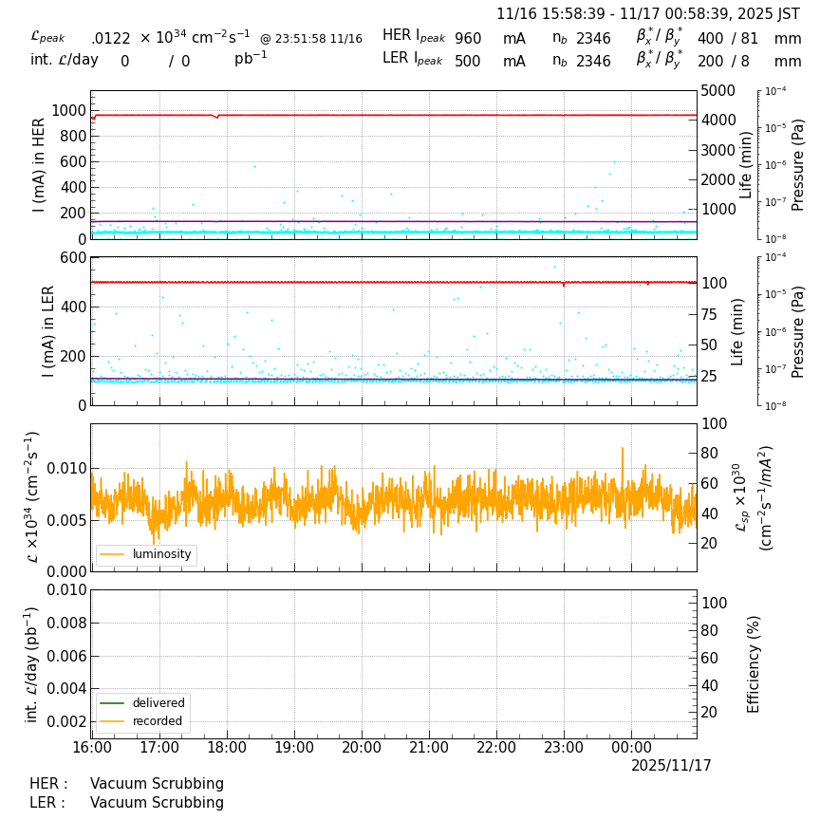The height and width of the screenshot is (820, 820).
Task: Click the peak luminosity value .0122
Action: [111, 39]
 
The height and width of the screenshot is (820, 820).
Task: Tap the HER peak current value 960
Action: [468, 39]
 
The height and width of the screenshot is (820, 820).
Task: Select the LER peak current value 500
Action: [468, 62]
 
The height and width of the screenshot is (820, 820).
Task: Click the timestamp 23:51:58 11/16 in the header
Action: [311, 39]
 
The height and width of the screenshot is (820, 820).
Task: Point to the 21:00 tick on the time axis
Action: [429, 748]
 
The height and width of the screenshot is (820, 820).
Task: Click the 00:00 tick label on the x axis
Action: [631, 748]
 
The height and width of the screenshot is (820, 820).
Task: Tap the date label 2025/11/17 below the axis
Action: [671, 766]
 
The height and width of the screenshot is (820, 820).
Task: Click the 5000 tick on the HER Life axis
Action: [717, 91]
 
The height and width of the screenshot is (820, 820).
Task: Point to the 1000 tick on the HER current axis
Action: [68, 110]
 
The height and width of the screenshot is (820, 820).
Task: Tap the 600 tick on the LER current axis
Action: [74, 257]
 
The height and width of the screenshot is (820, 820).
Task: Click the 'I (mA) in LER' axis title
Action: [48, 331]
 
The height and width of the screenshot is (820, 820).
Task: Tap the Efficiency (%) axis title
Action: [755, 663]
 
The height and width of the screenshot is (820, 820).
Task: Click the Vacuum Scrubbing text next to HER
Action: [157, 784]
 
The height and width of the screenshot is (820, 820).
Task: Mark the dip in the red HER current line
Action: [217, 117]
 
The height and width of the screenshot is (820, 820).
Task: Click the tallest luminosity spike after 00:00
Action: [623, 448]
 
